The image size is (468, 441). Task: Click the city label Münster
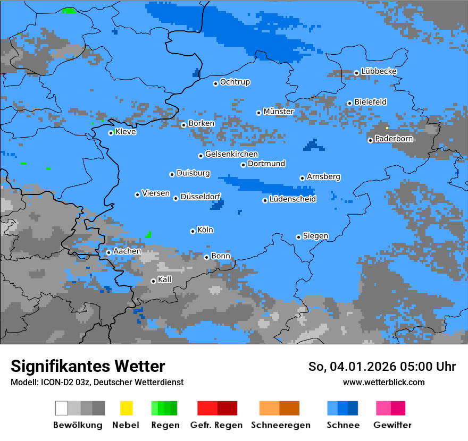[x=279, y=112]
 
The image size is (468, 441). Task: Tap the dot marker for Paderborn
[x=370, y=140]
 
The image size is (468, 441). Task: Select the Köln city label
[x=205, y=230]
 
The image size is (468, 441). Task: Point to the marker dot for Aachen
[x=108, y=252]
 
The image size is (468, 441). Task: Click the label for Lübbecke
[x=379, y=71]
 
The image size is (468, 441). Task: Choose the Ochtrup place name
[x=235, y=82]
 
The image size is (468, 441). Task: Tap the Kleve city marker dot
[x=111, y=133]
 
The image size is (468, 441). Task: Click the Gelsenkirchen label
[x=231, y=155]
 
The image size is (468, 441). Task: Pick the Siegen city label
[x=315, y=236]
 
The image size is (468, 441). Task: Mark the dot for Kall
[x=153, y=281]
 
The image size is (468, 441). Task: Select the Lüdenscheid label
[x=292, y=199]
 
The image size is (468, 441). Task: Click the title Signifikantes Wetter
[x=88, y=367]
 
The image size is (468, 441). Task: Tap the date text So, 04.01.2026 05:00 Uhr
[x=382, y=367]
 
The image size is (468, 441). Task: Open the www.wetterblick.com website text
[x=383, y=382]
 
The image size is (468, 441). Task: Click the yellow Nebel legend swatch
[x=126, y=408]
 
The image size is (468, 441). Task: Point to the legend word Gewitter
[x=392, y=425]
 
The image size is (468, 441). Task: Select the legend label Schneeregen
[x=281, y=425]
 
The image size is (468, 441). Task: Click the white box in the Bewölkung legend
[x=62, y=408]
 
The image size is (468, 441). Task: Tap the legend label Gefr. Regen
[x=216, y=425]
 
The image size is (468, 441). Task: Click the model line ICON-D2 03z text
[x=97, y=382]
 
